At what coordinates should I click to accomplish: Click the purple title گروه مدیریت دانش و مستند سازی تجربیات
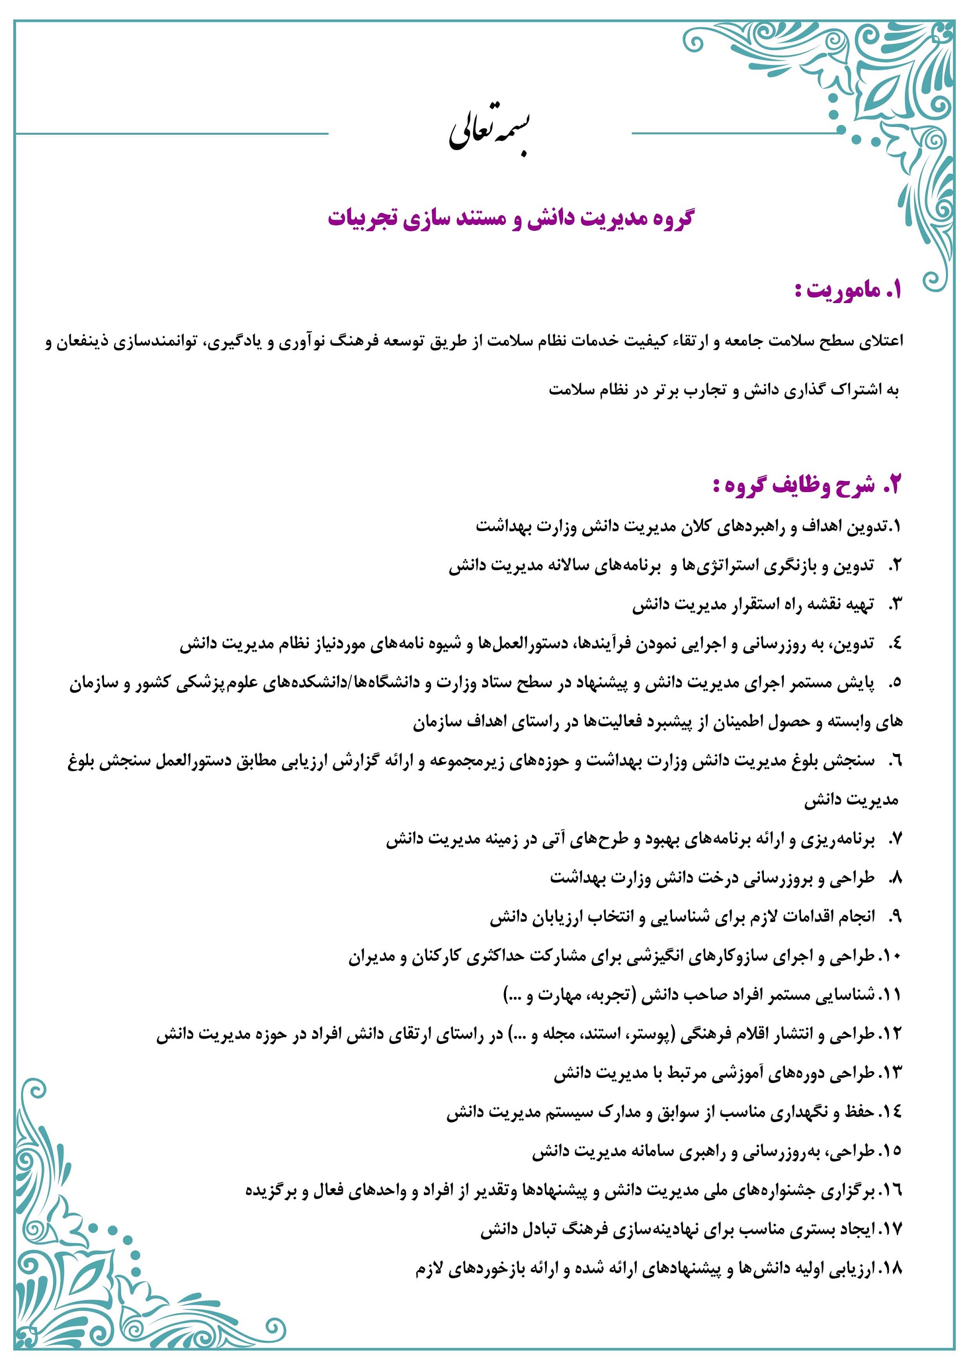point(510,218)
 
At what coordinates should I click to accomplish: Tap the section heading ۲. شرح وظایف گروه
point(806,485)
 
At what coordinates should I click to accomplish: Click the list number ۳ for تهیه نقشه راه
point(894,605)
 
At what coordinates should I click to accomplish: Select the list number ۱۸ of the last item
point(889,1268)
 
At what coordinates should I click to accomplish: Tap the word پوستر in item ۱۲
point(658,1035)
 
